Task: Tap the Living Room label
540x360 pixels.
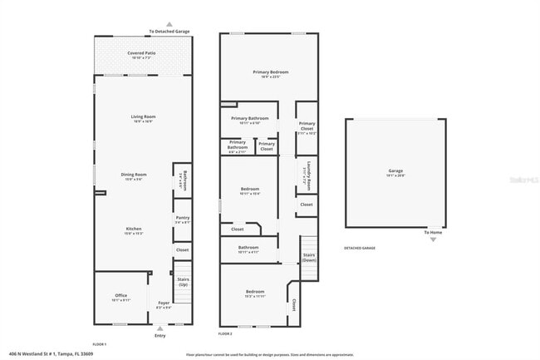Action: coord(143,116)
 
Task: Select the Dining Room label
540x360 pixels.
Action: coord(133,175)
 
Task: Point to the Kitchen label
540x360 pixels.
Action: coord(133,229)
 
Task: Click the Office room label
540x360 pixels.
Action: coord(120,296)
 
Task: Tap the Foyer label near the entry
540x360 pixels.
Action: coord(164,303)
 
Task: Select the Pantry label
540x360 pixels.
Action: coord(183,218)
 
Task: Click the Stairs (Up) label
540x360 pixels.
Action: coord(183,280)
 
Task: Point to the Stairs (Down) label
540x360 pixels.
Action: coord(308,257)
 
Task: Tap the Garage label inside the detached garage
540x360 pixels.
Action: coord(395,172)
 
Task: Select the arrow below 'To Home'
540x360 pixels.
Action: coord(432,239)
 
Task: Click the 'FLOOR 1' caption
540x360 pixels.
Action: coord(99,343)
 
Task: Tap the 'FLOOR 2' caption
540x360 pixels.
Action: coord(225,333)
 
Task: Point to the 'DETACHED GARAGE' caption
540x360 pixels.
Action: coord(360,248)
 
